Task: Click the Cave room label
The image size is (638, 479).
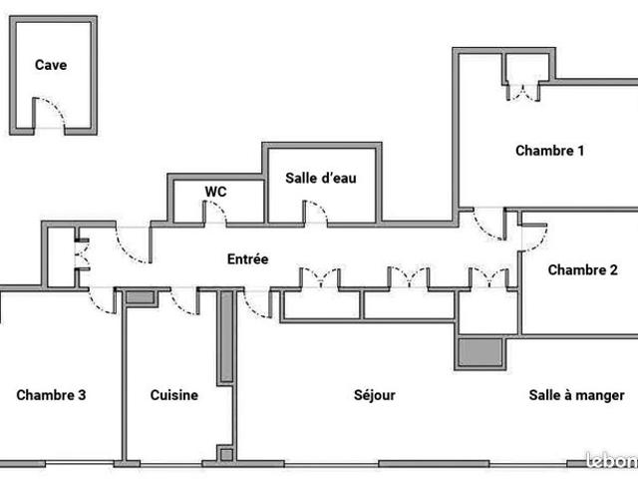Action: click(x=51, y=66)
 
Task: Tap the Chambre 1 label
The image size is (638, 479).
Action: click(x=549, y=152)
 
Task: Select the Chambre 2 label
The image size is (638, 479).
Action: click(x=580, y=269)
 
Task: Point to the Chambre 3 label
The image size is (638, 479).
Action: click(x=51, y=395)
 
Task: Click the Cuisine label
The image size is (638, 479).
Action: click(x=174, y=395)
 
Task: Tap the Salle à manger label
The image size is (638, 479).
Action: click(x=577, y=395)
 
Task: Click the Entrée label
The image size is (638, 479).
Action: click(x=248, y=259)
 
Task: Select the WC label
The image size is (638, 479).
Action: click(x=216, y=192)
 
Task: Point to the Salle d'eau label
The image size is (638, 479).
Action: click(x=321, y=179)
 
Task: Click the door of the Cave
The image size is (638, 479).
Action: click(x=50, y=114)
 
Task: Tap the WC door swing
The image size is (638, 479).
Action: click(x=215, y=213)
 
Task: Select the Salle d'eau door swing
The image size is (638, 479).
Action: click(x=316, y=213)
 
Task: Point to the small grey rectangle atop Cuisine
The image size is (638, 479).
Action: click(x=141, y=297)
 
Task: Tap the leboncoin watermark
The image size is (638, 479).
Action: click(x=611, y=460)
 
